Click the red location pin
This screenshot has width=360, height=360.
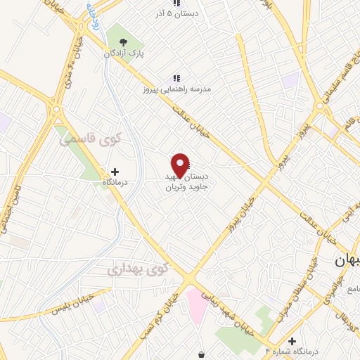click(181, 165)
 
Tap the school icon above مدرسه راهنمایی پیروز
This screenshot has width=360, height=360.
click(177, 78)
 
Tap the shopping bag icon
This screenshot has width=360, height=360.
click(202, 354)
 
